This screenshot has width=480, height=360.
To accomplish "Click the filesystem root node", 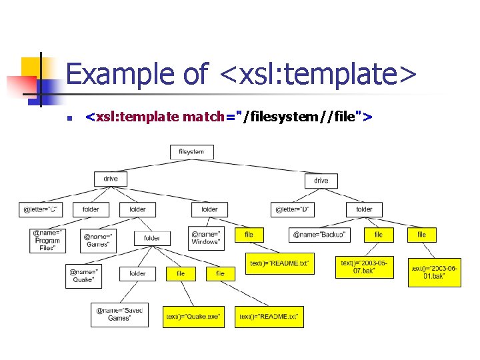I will pyautogui.click(x=191, y=152).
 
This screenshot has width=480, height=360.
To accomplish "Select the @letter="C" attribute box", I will pyautogui.click(x=40, y=209).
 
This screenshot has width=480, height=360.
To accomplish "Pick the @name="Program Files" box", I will pyautogui.click(x=48, y=241).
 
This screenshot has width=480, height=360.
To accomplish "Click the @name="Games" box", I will pyautogui.click(x=99, y=239).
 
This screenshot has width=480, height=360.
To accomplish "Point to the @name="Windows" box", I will pyautogui.click(x=207, y=238).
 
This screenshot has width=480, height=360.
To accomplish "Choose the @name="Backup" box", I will pyautogui.click(x=319, y=235).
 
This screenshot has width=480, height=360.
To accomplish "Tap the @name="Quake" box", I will pyautogui.click(x=85, y=275).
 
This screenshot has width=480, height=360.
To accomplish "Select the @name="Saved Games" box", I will pyautogui.click(x=120, y=315).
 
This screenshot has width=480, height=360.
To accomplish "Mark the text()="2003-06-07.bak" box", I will pyautogui.click(x=363, y=267).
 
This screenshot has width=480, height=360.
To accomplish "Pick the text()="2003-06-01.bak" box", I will pyautogui.click(x=434, y=272).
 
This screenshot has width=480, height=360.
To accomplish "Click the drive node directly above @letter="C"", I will pyautogui.click(x=111, y=179).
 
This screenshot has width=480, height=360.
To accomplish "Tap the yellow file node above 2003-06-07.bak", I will pyautogui.click(x=379, y=235).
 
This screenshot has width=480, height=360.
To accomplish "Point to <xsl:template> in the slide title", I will pyautogui.click(x=317, y=73).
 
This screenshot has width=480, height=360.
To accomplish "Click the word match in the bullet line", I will pyautogui.click(x=204, y=118).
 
